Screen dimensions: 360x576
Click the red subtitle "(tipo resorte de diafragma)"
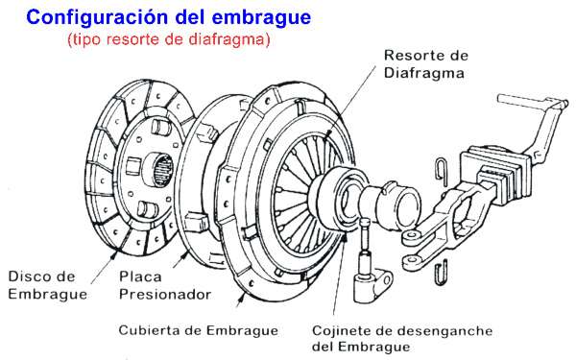pos(169,41)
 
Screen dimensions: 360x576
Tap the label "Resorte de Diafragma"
pos(423,62)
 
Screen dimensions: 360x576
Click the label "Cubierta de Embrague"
pos(199,330)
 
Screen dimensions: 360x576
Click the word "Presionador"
pos(165,294)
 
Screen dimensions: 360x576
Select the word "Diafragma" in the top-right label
pos(423,72)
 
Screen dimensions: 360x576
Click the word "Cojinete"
pos(342,330)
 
